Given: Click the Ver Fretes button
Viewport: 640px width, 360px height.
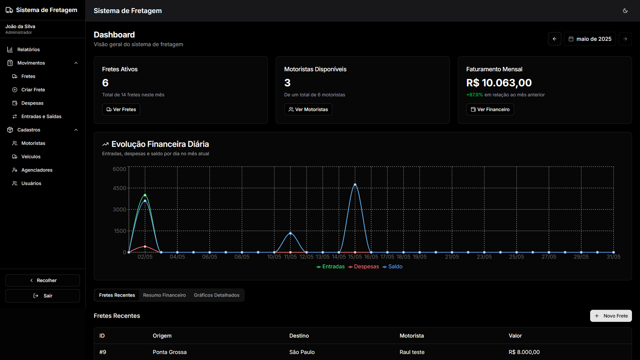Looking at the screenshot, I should pyautogui.click(x=121, y=109).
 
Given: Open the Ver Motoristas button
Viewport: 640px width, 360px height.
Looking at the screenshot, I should pyautogui.click(x=308, y=109).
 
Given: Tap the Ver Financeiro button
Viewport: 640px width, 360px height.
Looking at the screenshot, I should pyautogui.click(x=490, y=109).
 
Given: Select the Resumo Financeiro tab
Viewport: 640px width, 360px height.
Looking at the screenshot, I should pyautogui.click(x=164, y=295).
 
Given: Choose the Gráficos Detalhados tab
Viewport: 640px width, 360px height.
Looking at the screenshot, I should pyautogui.click(x=217, y=295).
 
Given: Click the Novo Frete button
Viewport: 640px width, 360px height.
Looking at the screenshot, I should pyautogui.click(x=611, y=316).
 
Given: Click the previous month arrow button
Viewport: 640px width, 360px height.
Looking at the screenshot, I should pyautogui.click(x=555, y=39).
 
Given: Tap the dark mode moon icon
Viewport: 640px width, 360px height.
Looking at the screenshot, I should pyautogui.click(x=625, y=11).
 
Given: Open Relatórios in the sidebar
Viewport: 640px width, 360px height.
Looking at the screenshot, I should pyautogui.click(x=28, y=50).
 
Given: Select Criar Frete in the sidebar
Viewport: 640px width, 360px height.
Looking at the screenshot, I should pyautogui.click(x=33, y=90).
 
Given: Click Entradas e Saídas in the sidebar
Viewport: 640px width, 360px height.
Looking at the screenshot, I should pyautogui.click(x=41, y=116).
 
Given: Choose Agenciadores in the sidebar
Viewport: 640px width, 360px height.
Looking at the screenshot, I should pyautogui.click(x=37, y=170).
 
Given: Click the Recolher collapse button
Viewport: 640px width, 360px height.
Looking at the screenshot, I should pyautogui.click(x=43, y=280).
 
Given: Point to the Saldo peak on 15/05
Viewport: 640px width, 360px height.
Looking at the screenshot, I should pyautogui.click(x=355, y=185).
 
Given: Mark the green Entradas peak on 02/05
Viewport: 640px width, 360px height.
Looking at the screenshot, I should pyautogui.click(x=145, y=195).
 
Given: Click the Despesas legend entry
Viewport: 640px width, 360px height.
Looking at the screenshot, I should pyautogui.click(x=364, y=267).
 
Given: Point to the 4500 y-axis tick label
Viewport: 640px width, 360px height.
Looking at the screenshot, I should pyautogui.click(x=119, y=188).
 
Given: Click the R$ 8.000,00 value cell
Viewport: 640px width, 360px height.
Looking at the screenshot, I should pyautogui.click(x=524, y=352).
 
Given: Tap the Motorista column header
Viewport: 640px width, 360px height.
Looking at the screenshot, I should pyautogui.click(x=412, y=336).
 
